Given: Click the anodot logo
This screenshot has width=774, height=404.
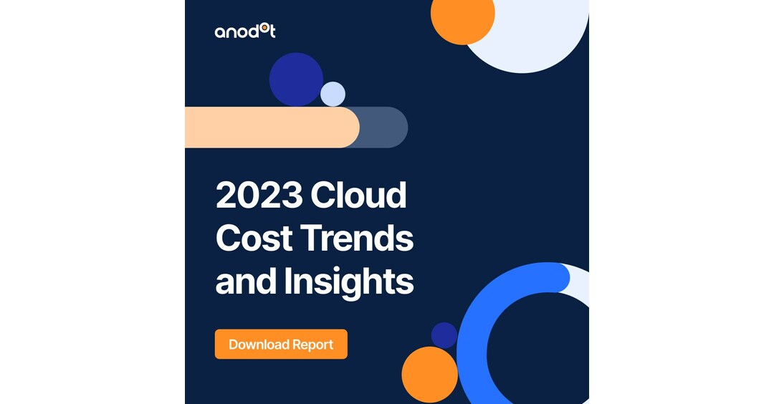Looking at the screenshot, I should [x=244, y=31].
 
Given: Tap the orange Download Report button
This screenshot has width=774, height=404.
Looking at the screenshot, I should [x=281, y=345].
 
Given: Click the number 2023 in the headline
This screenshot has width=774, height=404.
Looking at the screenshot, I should [x=257, y=196].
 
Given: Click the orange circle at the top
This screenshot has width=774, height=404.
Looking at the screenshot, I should [x=462, y=16].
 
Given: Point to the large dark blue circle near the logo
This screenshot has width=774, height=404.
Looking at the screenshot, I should [x=295, y=78].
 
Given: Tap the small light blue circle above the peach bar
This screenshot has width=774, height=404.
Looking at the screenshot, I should [x=333, y=94].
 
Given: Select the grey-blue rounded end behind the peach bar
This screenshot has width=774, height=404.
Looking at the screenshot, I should [x=387, y=128].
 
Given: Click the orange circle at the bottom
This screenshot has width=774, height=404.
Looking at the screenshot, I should [x=429, y=375].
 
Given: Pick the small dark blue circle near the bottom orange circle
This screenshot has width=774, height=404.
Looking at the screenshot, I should [x=444, y=335].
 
